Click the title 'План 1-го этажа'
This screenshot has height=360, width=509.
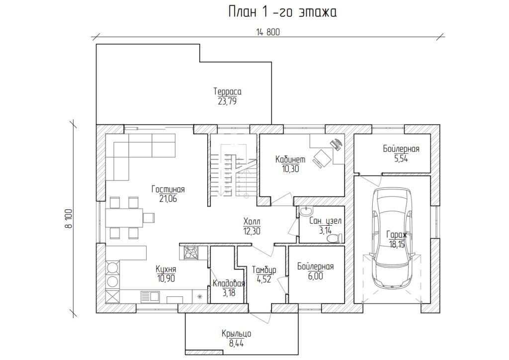(x=282, y=12)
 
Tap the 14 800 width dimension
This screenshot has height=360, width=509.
(x=268, y=32)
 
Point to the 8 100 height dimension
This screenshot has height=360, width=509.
(x=69, y=218)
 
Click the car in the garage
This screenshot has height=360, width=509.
(x=392, y=238)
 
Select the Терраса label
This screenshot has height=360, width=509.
(x=227, y=91)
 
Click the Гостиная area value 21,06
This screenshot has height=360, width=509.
(x=168, y=199)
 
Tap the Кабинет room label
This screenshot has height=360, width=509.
(x=290, y=160)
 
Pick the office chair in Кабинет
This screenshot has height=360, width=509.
(x=322, y=158)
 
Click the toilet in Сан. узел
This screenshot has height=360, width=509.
(x=335, y=238)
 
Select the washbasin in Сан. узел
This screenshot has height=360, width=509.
(x=305, y=211)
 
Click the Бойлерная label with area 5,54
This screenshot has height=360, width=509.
(x=401, y=149)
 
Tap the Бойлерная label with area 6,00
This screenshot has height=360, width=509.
(x=315, y=267)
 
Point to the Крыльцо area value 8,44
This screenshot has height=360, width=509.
(x=236, y=344)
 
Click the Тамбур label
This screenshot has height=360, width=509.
(x=264, y=270)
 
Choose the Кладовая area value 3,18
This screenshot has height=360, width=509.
(x=229, y=293)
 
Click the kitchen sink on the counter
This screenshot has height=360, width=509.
(x=150, y=297)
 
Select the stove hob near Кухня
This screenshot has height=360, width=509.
(x=190, y=253)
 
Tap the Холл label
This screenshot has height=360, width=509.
(x=252, y=222)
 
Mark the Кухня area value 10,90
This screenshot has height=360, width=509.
(x=166, y=278)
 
